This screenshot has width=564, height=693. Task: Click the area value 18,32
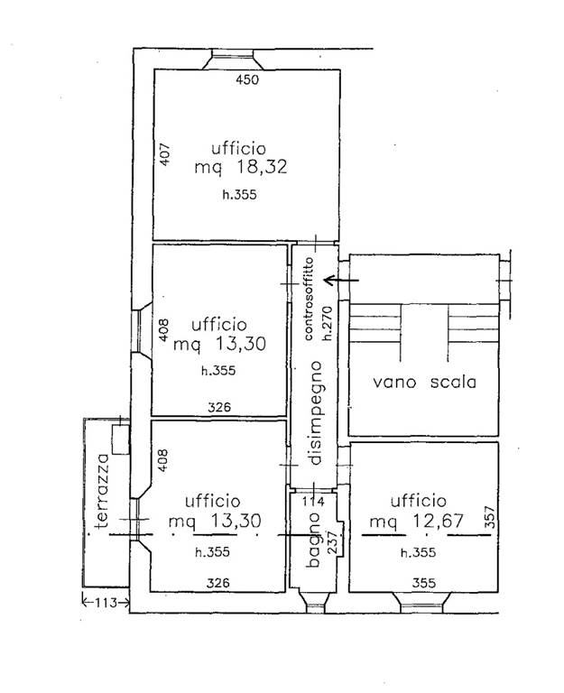pyautogui.click(x=262, y=167)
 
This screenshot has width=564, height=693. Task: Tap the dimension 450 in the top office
pyautogui.click(x=247, y=79)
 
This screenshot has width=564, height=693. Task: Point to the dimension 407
pyautogui.click(x=164, y=154)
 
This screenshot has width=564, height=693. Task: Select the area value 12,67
pyautogui.click(x=438, y=521)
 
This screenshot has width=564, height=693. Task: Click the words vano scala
pyautogui.click(x=424, y=382)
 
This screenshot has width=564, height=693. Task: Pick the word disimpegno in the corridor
pyautogui.click(x=316, y=413)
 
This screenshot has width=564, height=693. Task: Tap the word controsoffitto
pyautogui.click(x=309, y=299)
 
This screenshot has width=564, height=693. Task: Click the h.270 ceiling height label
pyautogui.click(x=327, y=323)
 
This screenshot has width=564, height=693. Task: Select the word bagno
pyautogui.click(x=313, y=540)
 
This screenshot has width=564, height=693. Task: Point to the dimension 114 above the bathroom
pyautogui.click(x=313, y=501)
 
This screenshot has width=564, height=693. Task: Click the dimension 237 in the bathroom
pyautogui.click(x=332, y=541)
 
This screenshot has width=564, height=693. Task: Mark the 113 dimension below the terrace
pyautogui.click(x=106, y=602)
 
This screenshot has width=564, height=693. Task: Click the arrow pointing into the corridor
pyautogui.click(x=341, y=280)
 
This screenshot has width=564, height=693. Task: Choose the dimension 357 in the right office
pyautogui.click(x=490, y=517)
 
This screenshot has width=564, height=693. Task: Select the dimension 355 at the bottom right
pyautogui.click(x=424, y=583)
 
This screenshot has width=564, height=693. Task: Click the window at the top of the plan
pyautogui.click(x=233, y=59)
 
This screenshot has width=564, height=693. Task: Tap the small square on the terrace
pyautogui.click(x=121, y=439)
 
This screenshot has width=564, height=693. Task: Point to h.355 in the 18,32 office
pyautogui.click(x=239, y=195)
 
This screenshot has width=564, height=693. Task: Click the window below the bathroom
pyautogui.click(x=314, y=603)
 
